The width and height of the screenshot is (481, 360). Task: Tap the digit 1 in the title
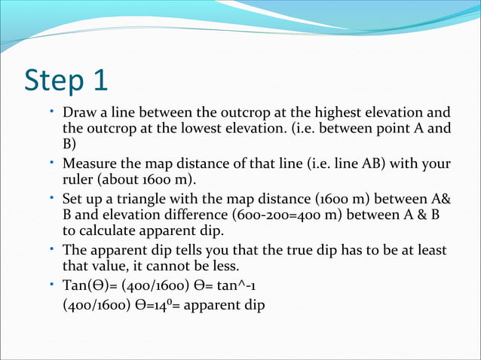tap(108, 80)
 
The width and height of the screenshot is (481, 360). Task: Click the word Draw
tap(78, 114)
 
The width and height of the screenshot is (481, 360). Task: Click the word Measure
tap(88, 164)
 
